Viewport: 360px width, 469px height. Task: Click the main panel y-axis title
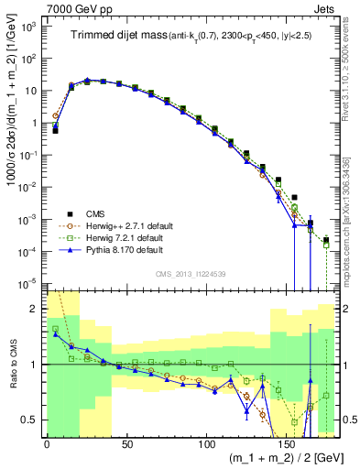(x=11, y=147)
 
